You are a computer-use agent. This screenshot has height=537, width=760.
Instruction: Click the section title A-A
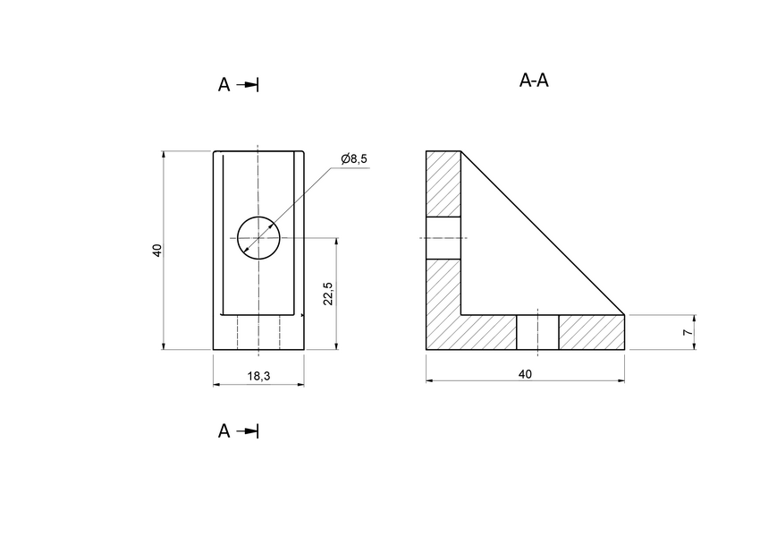(534, 81)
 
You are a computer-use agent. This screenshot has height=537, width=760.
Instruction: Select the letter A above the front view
(224, 85)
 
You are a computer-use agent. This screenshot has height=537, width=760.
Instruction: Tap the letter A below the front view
(224, 431)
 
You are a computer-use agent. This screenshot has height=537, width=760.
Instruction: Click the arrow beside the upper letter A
(249, 85)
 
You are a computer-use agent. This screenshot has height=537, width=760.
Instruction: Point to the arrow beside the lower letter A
(249, 431)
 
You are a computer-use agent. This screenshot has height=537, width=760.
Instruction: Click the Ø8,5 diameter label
(354, 158)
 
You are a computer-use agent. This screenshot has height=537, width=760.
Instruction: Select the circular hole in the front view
(258, 238)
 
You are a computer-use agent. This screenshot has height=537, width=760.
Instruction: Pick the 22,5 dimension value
(328, 294)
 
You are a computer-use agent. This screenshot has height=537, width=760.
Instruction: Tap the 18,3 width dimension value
(258, 377)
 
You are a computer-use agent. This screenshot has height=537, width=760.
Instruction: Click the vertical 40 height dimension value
(156, 251)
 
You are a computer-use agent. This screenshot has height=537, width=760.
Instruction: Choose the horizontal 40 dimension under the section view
(525, 374)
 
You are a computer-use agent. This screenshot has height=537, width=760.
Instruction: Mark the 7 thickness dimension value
(687, 332)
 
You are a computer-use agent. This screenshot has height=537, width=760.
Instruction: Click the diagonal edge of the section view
(542, 233)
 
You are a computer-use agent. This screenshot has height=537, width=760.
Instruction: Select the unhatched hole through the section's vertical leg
(443, 238)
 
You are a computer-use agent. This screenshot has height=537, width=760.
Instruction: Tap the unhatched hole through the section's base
(537, 332)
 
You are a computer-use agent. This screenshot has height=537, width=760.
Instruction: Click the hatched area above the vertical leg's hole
(443, 183)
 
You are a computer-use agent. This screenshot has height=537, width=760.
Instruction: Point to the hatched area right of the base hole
(590, 332)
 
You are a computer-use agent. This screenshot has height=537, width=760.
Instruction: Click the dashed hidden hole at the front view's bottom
(258, 332)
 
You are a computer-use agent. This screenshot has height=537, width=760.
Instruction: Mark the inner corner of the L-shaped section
(461, 315)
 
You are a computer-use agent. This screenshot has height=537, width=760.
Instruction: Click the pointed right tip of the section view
(623, 315)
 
